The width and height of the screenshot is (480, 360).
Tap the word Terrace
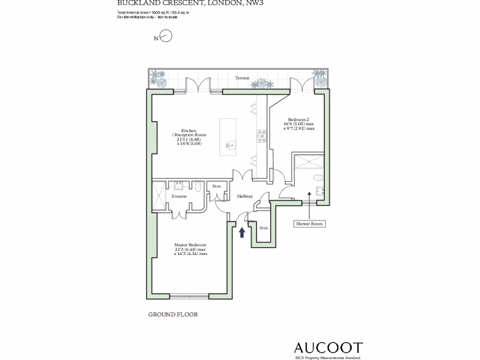[242, 78]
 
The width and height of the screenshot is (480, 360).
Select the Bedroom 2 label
[299, 120]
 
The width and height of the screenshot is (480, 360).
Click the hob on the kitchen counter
[262, 136]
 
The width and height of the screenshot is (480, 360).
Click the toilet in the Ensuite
[198, 187]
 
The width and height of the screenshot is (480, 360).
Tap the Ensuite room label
[179, 196]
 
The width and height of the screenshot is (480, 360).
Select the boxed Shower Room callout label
[309, 224]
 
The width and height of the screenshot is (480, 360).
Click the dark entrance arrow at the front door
[242, 232]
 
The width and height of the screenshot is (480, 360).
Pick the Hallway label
[245, 196]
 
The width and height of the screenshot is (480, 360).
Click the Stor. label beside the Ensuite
[217, 187]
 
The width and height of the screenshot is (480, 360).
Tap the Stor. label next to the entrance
[264, 228]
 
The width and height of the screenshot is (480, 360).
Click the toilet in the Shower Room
[319, 177]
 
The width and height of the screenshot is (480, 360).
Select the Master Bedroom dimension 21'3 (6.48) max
[190, 249]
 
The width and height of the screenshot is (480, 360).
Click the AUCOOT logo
[328, 348]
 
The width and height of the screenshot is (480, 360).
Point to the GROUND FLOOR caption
[173, 315]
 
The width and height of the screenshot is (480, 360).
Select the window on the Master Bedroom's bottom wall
[189, 296]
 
